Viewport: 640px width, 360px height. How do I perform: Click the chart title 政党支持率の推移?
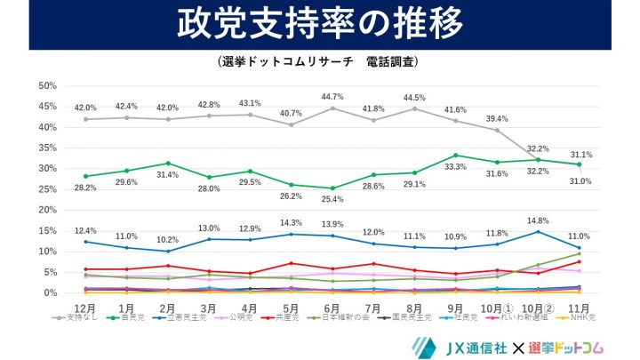tap(319, 25)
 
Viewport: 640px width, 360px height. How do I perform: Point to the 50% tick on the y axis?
tap(47, 85)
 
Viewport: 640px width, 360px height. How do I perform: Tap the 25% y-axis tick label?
tap(47, 189)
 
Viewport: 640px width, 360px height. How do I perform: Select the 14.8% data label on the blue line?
tap(538, 220)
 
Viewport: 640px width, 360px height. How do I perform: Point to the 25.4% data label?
tap(332, 201)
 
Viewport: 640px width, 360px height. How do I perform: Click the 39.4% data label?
tap(497, 118)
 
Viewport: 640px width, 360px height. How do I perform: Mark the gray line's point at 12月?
tap(85, 119)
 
